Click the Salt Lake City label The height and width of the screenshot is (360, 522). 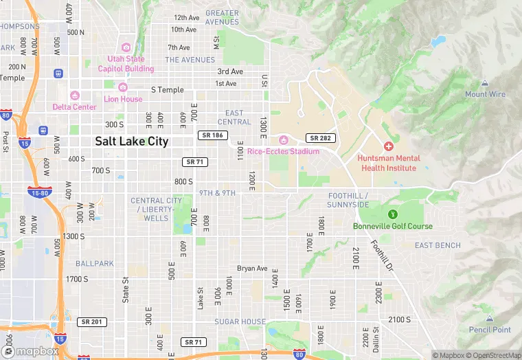pos(131,141)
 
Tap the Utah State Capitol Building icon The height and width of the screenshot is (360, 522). pos(126,47)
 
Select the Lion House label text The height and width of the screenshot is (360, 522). pos(123,99)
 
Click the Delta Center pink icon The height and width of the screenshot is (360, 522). pos(75,95)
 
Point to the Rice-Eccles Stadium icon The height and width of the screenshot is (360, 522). pos(283,140)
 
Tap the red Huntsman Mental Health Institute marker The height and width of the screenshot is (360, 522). pos(389,146)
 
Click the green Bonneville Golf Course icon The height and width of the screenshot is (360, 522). pos(393,215)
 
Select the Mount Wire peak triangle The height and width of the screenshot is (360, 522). pos(485,83)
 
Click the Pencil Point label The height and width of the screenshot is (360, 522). pos(490,330)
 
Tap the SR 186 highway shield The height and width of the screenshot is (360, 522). pos(211,135)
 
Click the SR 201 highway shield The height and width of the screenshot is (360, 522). pos(91,322)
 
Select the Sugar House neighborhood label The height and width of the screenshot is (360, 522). pos(240,322)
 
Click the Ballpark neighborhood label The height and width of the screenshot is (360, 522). pos(95,263)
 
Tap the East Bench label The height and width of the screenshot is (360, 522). pos(438,245)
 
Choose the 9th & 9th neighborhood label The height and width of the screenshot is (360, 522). pos(217,193)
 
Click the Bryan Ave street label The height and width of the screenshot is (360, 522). pos(251,268)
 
